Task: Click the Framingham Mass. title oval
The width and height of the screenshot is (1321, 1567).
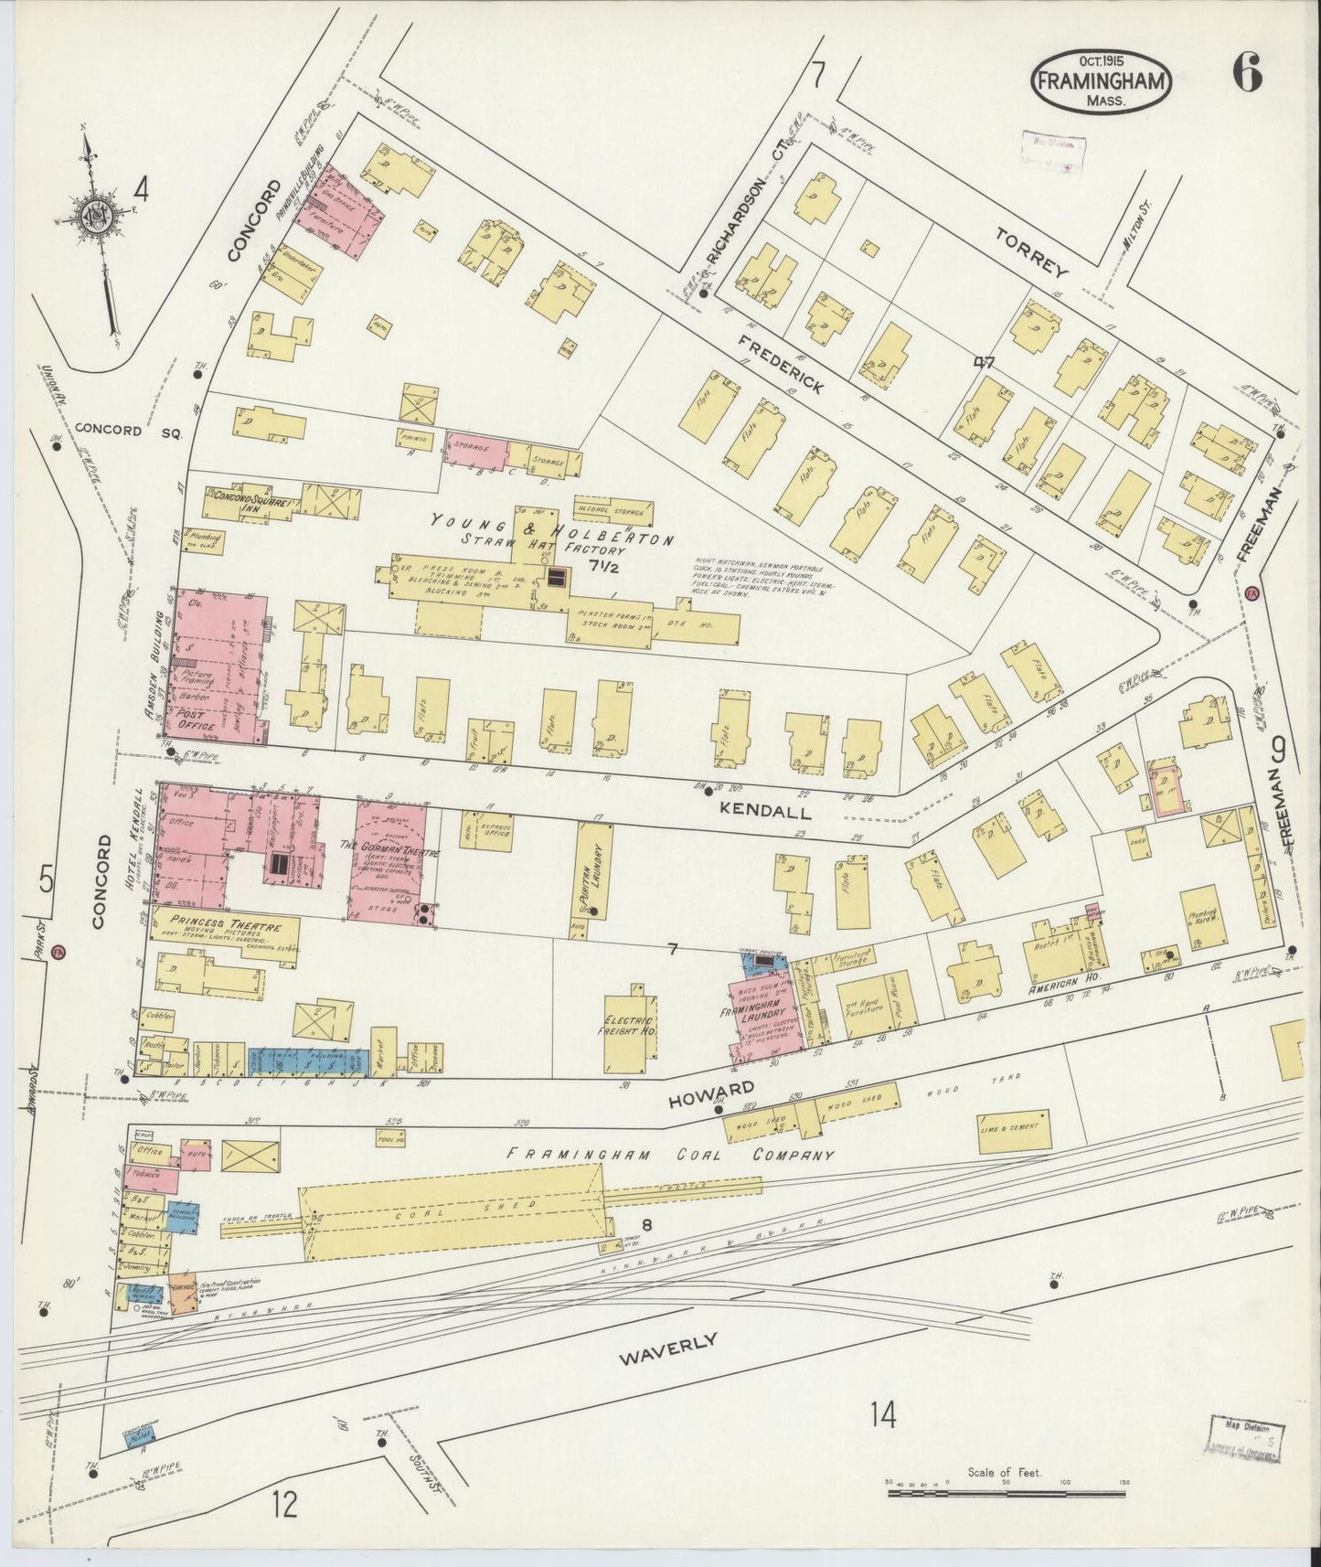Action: pyautogui.click(x=1102, y=80)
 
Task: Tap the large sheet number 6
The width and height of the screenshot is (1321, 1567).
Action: pyautogui.click(x=1246, y=72)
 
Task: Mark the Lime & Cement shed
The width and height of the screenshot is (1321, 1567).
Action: pyautogui.click(x=1008, y=1126)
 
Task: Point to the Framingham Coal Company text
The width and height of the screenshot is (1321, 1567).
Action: pyautogui.click(x=670, y=1155)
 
